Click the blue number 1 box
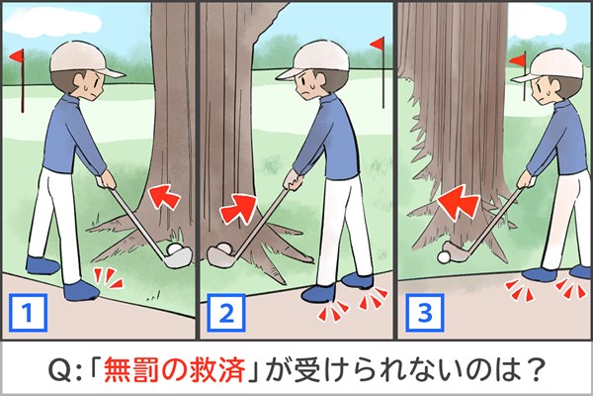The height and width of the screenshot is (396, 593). (29, 312)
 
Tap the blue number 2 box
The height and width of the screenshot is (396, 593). (226, 313)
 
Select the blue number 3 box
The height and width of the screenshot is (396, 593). (424, 313)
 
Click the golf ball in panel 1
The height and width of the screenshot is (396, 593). (175, 248)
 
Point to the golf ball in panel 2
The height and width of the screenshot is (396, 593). (223, 248)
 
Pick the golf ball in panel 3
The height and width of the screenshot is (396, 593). (444, 257)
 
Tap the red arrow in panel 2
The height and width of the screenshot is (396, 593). (238, 208)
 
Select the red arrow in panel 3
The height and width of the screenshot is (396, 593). (459, 202)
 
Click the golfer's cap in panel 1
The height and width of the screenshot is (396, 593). (84, 59)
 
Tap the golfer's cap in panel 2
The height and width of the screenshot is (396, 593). (314, 59)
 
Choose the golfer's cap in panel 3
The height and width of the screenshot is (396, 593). (551, 65)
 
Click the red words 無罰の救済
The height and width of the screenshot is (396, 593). (174, 368)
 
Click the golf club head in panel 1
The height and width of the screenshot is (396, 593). (177, 258)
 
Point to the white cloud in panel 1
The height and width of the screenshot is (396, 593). (53, 22)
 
